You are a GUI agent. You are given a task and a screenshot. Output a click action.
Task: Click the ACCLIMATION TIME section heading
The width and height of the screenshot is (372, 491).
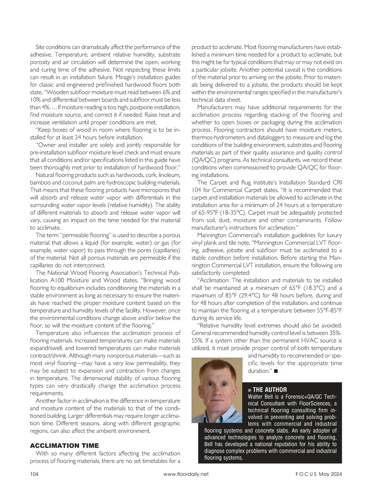pyautogui.click(x=64, y=446)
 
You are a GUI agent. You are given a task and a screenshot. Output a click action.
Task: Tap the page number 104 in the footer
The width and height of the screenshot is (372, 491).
pyautogui.click(x=34, y=474)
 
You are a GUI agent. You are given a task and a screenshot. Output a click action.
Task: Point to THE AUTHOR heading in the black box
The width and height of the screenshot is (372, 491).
pyautogui.click(x=270, y=390)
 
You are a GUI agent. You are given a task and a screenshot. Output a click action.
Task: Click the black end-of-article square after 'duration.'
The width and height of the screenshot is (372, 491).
pyautogui.click(x=276, y=371)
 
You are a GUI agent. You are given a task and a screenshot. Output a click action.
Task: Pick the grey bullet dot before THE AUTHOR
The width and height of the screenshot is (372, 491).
pyautogui.click(x=250, y=390)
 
